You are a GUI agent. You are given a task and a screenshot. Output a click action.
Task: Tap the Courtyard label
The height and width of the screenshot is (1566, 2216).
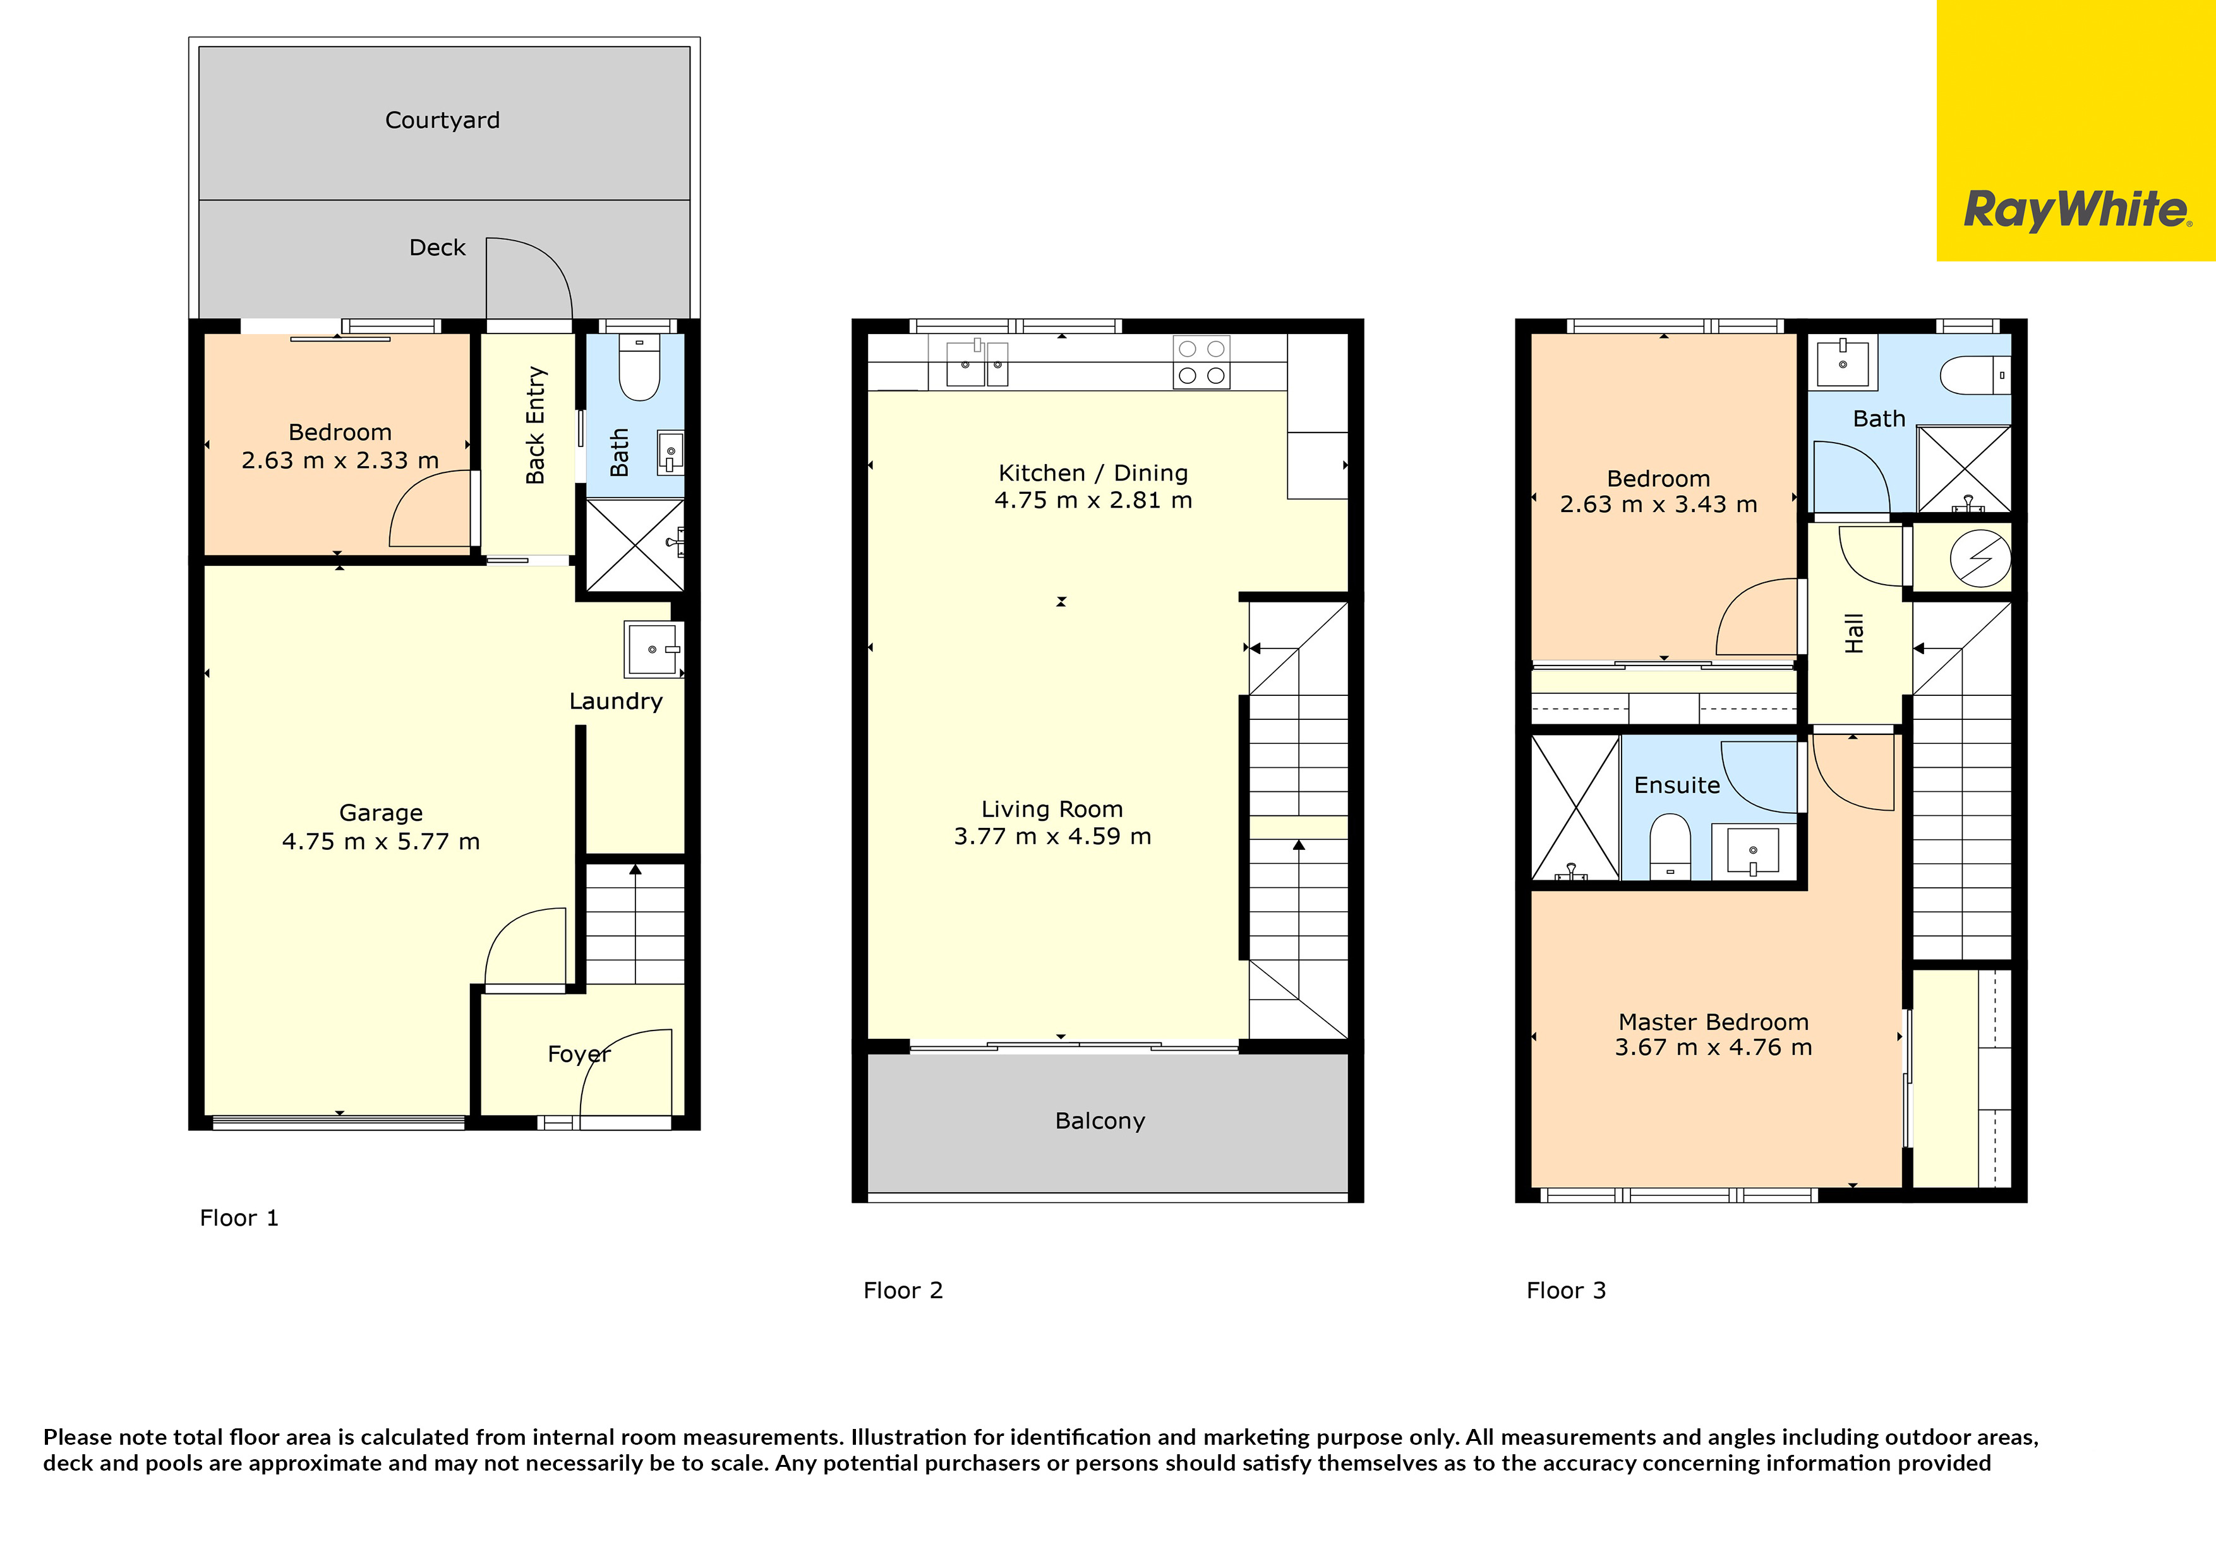[442, 121]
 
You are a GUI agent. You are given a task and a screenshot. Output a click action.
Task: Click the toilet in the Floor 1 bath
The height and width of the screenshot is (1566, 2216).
[638, 368]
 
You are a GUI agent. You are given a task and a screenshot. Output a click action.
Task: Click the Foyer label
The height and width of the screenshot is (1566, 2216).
[579, 1054]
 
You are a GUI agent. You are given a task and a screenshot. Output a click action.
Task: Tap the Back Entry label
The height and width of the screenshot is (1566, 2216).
[536, 424]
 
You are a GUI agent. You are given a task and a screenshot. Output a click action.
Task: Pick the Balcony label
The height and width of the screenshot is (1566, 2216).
[1100, 1121]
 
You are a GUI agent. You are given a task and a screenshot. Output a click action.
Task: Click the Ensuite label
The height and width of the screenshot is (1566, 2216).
[1677, 786]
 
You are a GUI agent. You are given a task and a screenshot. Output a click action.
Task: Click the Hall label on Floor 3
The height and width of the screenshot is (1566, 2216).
[1854, 633]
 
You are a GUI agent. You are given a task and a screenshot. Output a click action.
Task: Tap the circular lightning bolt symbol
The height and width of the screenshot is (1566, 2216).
[1980, 558]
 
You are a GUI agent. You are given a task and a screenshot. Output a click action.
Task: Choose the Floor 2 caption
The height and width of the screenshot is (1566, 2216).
[903, 1290]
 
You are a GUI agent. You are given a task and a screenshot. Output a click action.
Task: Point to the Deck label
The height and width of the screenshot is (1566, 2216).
[437, 248]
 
